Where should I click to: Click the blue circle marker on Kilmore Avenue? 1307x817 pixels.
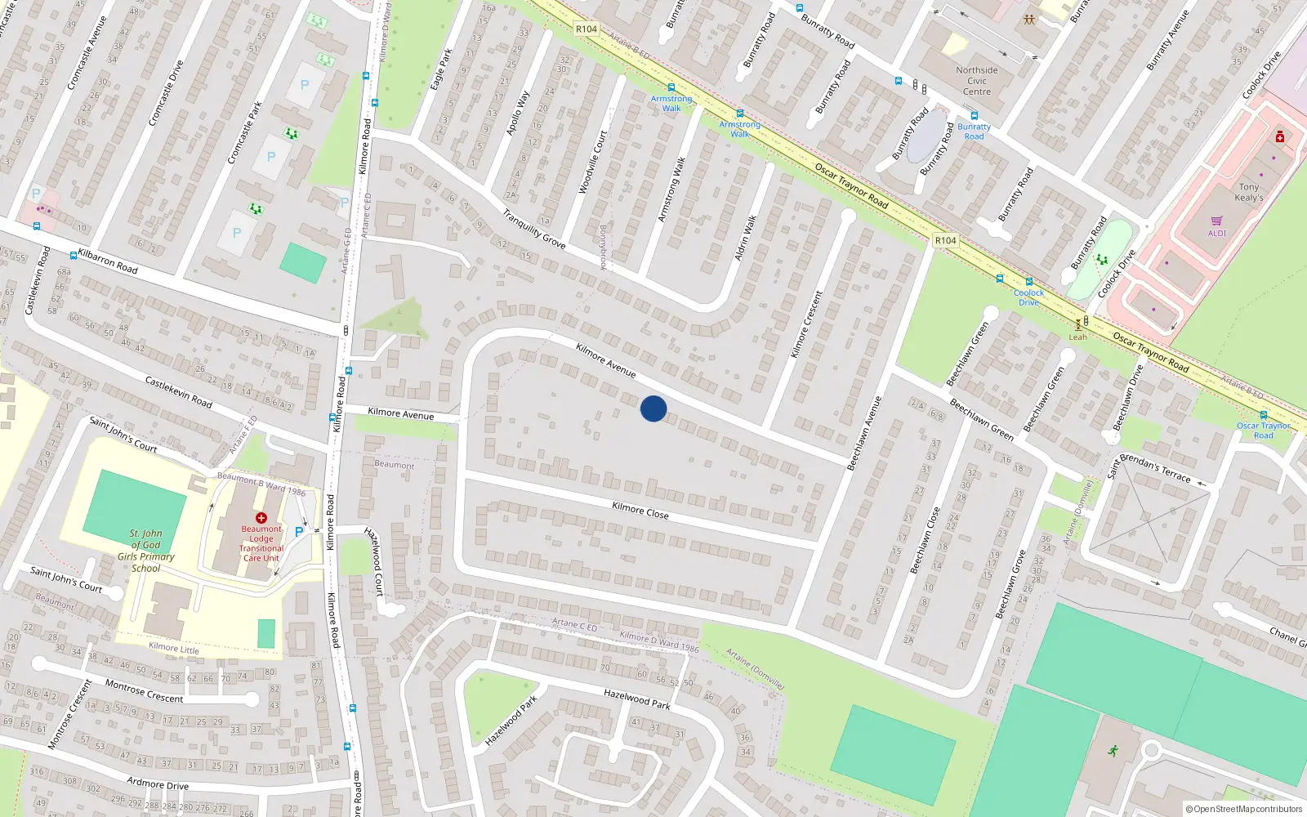653,408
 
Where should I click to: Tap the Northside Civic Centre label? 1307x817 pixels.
977,81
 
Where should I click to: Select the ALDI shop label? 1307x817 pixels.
1217,233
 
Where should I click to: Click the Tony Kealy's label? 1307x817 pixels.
1248,193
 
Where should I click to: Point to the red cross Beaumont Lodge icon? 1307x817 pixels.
261,518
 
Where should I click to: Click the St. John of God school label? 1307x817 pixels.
145,551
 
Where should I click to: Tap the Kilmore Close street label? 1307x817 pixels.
640,511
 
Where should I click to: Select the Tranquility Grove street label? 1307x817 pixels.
533,230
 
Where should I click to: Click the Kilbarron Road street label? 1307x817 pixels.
108,261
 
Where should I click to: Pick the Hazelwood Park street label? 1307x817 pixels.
636,699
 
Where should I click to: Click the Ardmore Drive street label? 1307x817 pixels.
158,784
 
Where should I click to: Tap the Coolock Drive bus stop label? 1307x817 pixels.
1028,297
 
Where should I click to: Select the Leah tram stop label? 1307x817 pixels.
1078,337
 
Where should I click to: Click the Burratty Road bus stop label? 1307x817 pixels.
974,132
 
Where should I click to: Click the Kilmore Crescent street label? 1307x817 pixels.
806,324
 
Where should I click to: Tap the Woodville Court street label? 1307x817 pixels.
592,163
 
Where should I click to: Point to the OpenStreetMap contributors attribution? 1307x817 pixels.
1243,810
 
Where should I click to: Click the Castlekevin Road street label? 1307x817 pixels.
178,392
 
